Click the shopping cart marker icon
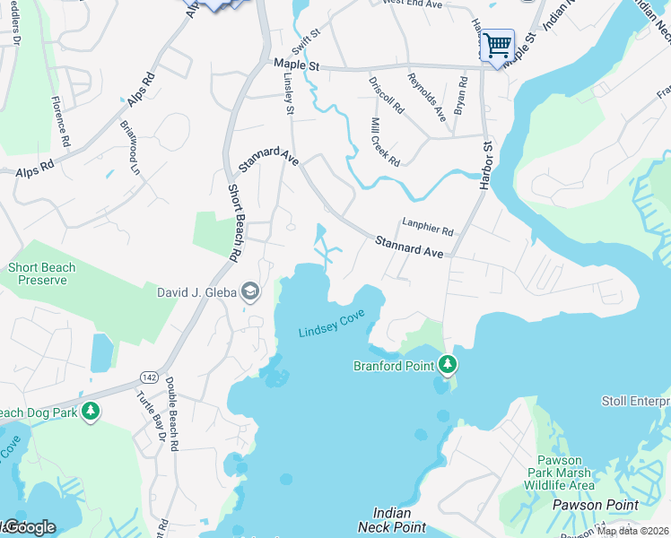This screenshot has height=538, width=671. coord(497,44)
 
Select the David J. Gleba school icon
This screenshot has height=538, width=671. coord(250,291)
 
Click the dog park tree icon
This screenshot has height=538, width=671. coord(90,412)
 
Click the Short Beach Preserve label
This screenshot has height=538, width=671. coord(42,273)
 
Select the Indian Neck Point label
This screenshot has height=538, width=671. coord(392,520)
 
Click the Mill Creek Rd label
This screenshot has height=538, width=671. coord(385,141)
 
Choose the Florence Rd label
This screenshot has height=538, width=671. coord(60,121)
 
